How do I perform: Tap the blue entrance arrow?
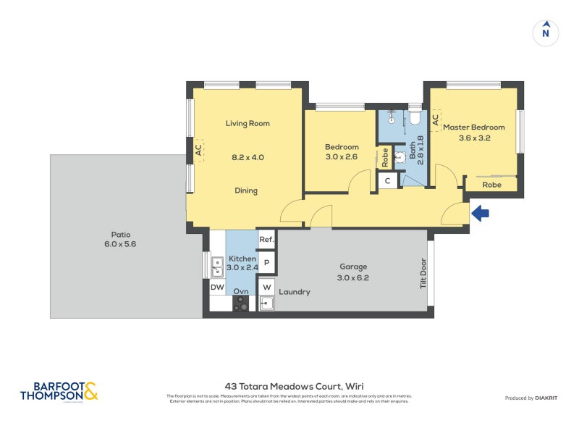coord(481,213)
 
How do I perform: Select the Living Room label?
coord(248,124)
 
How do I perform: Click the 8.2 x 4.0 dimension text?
coord(248,157)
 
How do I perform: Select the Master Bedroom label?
coord(473,127)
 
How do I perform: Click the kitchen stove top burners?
coord(240,304)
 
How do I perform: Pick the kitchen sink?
coord(216,267)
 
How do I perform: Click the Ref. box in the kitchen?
coord(266,240)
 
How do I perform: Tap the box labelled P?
coord(266,263)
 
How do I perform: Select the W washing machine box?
coord(266,286)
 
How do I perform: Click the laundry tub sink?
coord(266,304)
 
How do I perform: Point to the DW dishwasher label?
coord(217,288)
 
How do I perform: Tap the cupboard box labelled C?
coord(388,180)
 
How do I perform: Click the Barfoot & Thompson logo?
coord(59,392)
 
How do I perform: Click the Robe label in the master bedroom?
coord(491,185)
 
